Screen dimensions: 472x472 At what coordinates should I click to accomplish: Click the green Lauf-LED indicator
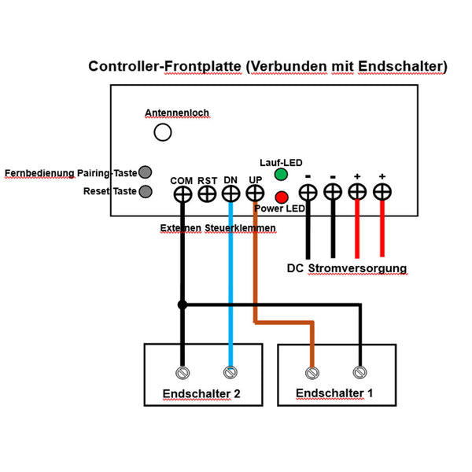280,174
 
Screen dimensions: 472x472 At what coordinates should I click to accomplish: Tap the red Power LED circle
280,196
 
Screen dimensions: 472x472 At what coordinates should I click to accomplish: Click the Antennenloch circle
163,132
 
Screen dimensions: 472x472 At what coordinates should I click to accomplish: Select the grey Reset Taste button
145,191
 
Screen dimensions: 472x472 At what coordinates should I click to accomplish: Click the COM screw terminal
183,193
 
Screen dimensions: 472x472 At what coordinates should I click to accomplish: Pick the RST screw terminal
207,193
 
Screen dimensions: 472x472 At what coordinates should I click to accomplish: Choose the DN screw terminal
230,193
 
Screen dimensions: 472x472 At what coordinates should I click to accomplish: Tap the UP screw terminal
255,193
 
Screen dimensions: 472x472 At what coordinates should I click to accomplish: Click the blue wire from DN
230,283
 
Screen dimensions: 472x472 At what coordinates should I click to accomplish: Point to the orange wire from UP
255,267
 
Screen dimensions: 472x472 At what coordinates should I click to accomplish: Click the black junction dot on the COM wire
182,304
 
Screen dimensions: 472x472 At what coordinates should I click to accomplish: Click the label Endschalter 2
201,393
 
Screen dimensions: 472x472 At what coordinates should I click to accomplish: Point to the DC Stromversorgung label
347,268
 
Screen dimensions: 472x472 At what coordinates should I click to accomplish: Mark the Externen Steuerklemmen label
218,228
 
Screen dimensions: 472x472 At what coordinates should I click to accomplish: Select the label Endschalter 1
336,392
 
